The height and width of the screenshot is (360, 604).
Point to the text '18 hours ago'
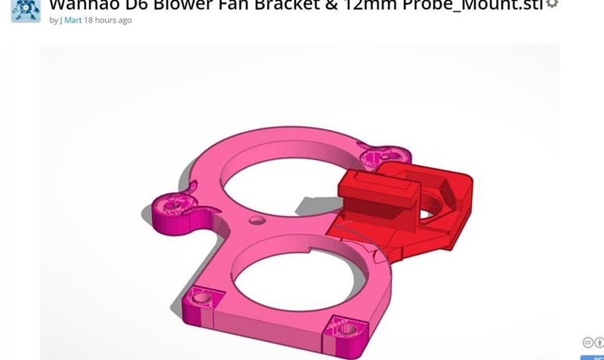108,20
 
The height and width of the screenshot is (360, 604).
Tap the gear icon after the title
552,4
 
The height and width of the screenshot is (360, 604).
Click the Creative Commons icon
589,343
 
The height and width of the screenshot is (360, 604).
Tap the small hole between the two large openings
258,220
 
